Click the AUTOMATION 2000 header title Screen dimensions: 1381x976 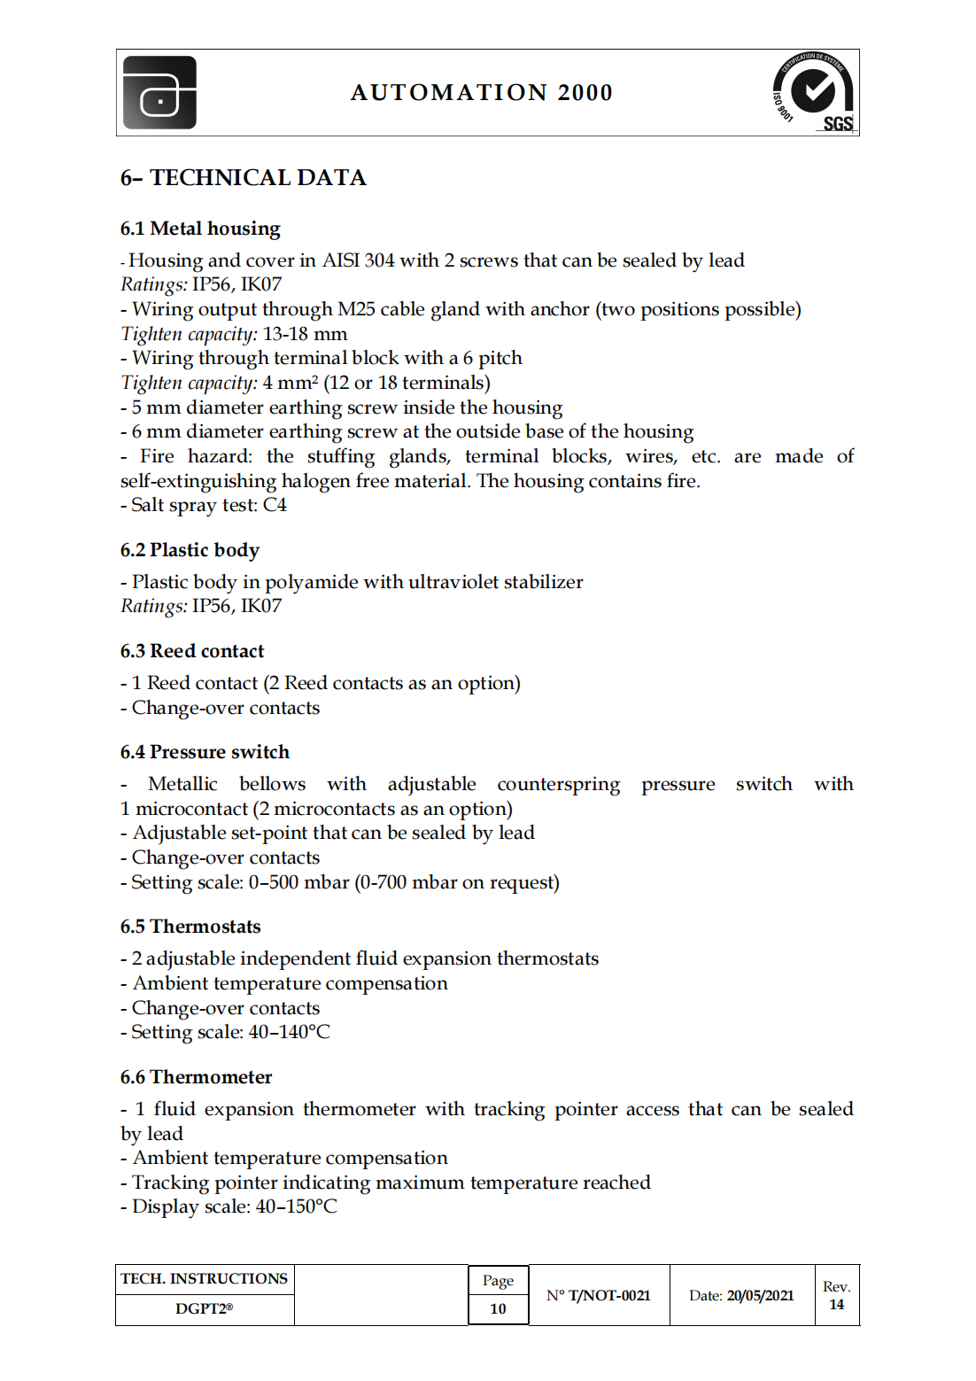point(481,93)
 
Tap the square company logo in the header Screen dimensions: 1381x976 point(160,93)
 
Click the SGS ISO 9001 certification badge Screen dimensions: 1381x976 point(813,92)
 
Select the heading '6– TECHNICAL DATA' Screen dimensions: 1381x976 point(243,178)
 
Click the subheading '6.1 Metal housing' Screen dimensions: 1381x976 point(200,229)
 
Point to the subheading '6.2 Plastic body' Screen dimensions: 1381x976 point(190,550)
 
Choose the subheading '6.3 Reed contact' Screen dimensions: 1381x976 point(192,651)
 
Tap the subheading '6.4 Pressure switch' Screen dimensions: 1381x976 point(205,752)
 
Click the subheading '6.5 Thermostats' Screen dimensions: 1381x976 point(190,927)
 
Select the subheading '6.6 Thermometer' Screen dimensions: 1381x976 point(196,1077)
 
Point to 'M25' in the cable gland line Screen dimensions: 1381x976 point(356,309)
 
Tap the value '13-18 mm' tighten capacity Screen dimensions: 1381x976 point(305,334)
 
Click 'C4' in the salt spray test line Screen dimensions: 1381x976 point(275,505)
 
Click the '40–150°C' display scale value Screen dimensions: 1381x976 point(296,1206)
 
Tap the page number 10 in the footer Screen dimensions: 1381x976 point(498,1308)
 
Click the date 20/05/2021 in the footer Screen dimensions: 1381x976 point(760,1295)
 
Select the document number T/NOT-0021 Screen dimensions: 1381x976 point(609,1295)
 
